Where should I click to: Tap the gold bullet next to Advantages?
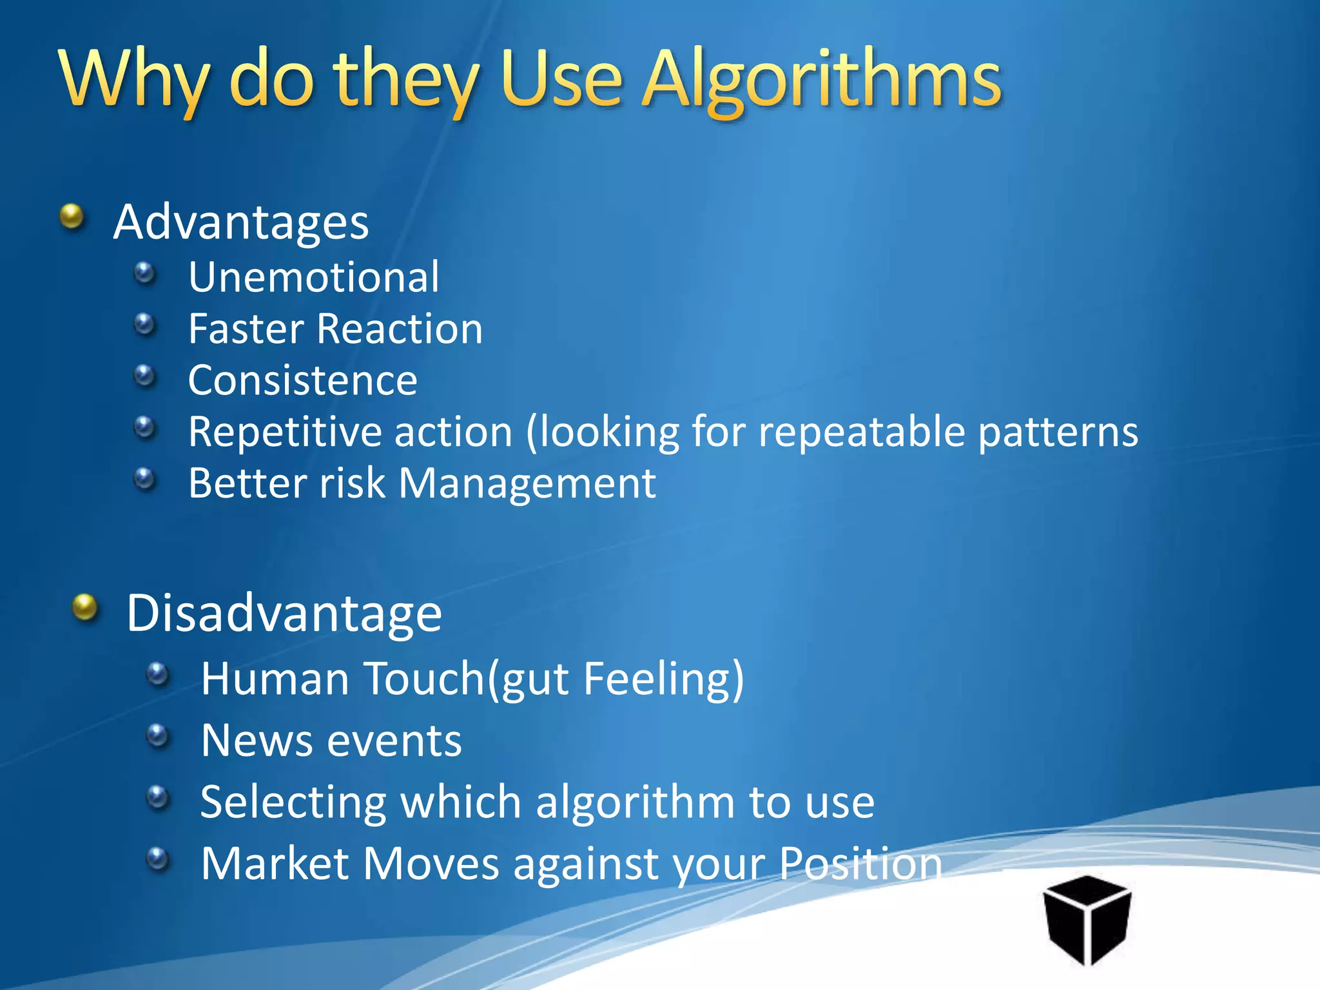click(72, 217)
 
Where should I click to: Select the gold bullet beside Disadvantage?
click(84, 607)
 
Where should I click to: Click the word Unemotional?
click(314, 278)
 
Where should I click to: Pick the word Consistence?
click(303, 380)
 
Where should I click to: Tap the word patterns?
click(1058, 433)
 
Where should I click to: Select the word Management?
click(527, 483)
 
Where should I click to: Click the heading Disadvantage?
click(284, 613)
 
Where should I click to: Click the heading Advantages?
click(241, 222)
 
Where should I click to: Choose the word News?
click(256, 741)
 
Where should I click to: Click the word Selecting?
click(293, 803)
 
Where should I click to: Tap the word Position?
click(860, 864)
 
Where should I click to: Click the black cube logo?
click(1087, 919)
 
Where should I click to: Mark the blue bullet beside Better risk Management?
click(145, 479)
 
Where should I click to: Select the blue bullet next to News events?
click(157, 735)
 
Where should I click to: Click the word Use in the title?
click(561, 81)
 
